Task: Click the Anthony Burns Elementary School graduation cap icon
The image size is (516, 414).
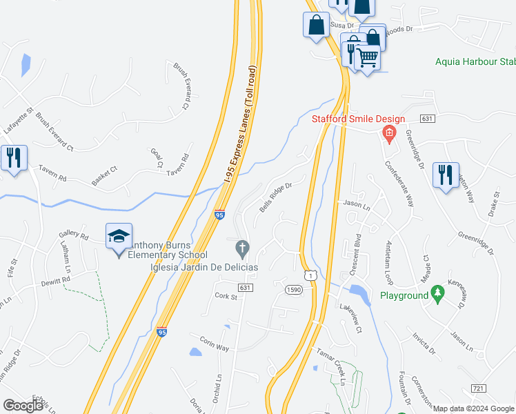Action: pos(119,236)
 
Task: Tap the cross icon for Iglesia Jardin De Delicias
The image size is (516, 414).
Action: pos(242,247)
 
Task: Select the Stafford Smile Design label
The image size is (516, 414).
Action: pos(358,119)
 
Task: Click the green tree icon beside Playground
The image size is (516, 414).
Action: pos(437,294)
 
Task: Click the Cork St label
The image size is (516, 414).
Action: pos(226,297)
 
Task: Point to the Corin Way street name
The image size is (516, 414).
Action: pos(214,344)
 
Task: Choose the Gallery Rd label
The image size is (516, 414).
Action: pos(75,235)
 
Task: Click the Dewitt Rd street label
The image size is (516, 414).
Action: pos(57,281)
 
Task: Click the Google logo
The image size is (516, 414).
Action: pos(23,406)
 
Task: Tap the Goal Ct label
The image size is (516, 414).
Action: pos(156,157)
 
